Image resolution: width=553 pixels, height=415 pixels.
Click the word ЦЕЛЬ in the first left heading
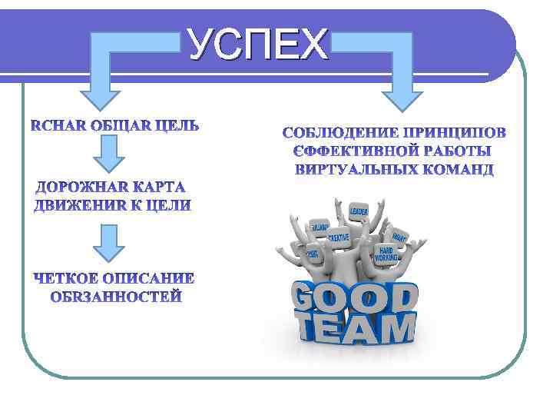click(174, 125)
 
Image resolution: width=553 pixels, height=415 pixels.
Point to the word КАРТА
click(160, 188)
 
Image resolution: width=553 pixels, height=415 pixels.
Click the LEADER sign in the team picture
click(359, 211)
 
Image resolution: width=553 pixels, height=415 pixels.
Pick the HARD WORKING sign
click(387, 254)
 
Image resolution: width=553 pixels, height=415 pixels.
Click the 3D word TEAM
click(356, 328)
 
